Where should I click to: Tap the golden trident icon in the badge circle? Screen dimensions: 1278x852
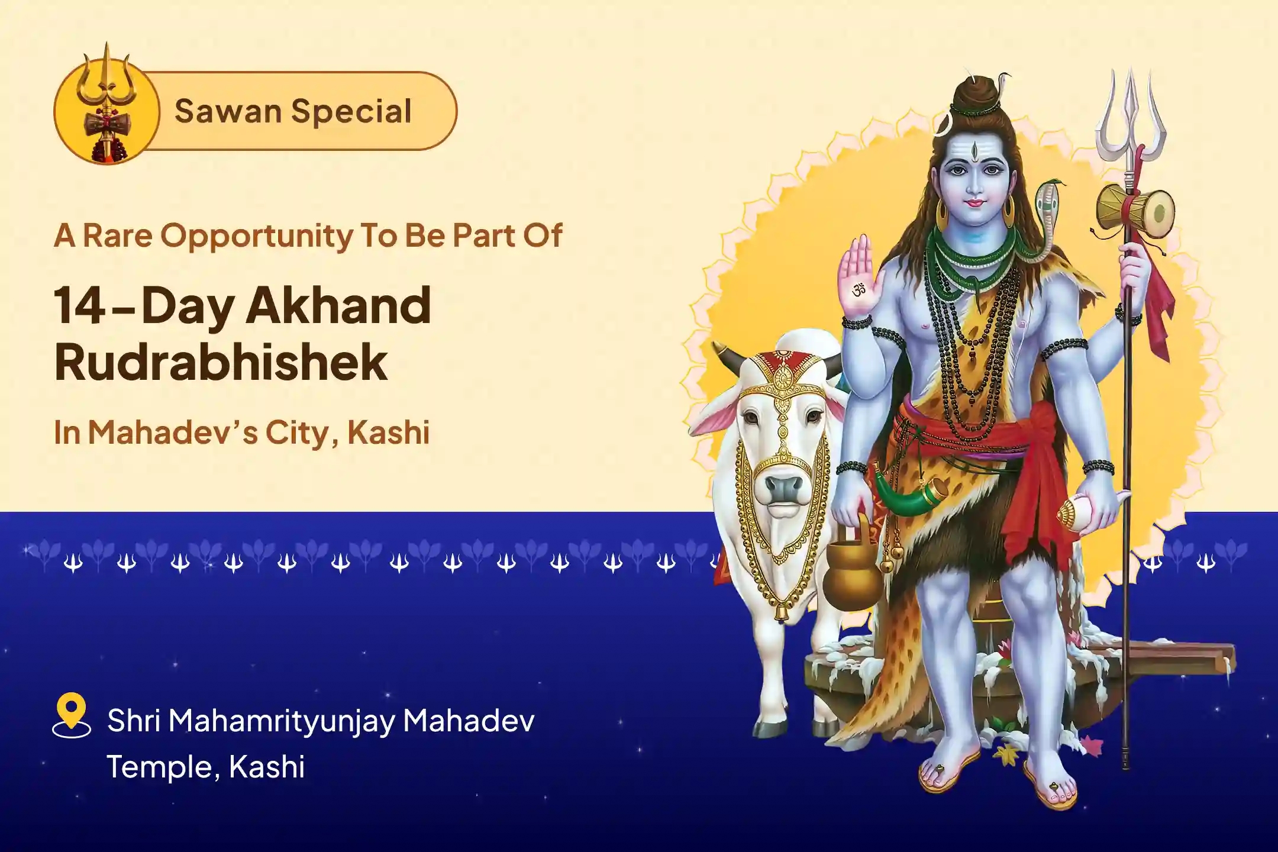[x=107, y=104]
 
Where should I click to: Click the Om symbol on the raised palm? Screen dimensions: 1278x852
[x=859, y=290]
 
